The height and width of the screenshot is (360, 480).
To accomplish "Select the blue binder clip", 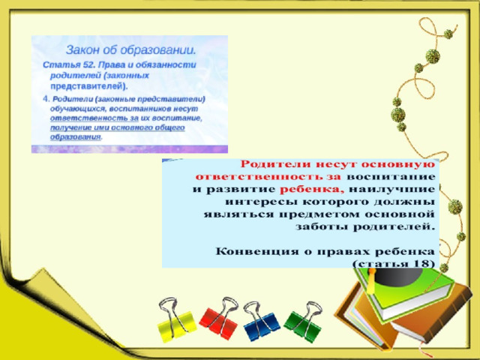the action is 261,322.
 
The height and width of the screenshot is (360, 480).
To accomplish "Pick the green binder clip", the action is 303,320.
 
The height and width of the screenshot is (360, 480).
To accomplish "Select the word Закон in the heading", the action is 80,50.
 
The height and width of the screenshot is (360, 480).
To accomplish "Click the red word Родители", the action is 277,164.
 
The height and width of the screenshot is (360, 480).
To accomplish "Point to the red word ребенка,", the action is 312,190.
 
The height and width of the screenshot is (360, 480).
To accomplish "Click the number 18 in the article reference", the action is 421,263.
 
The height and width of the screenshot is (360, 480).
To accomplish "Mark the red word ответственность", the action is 259,177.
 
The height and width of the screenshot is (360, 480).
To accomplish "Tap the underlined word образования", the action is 75,137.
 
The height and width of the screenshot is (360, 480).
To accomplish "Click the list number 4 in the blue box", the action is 46,99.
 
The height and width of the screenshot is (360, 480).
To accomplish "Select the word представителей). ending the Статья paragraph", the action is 88,87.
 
